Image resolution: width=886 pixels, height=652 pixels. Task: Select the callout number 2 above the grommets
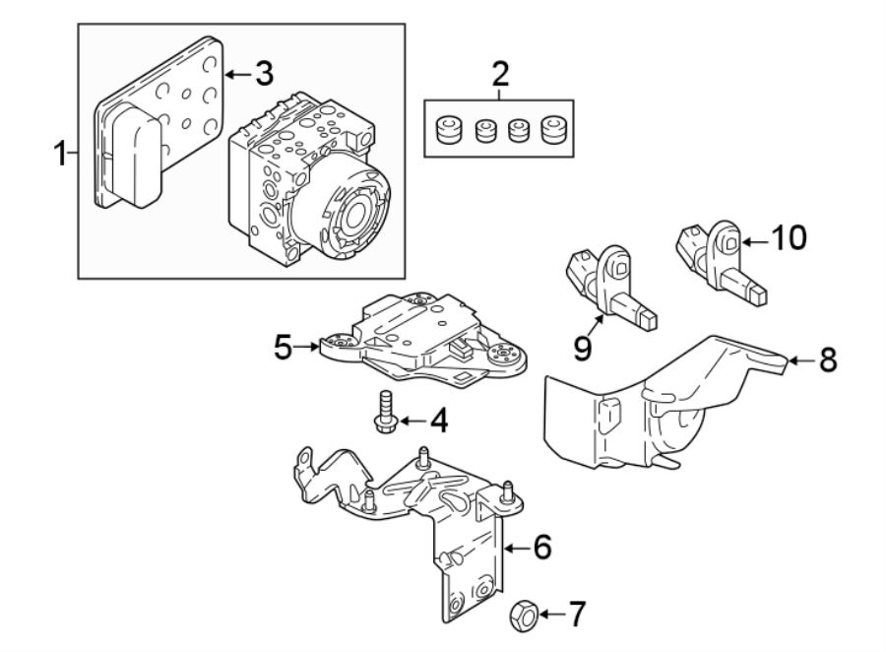pyautogui.click(x=500, y=74)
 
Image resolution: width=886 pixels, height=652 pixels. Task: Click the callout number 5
pyautogui.click(x=284, y=348)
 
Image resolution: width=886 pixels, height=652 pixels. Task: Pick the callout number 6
pyautogui.click(x=542, y=547)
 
